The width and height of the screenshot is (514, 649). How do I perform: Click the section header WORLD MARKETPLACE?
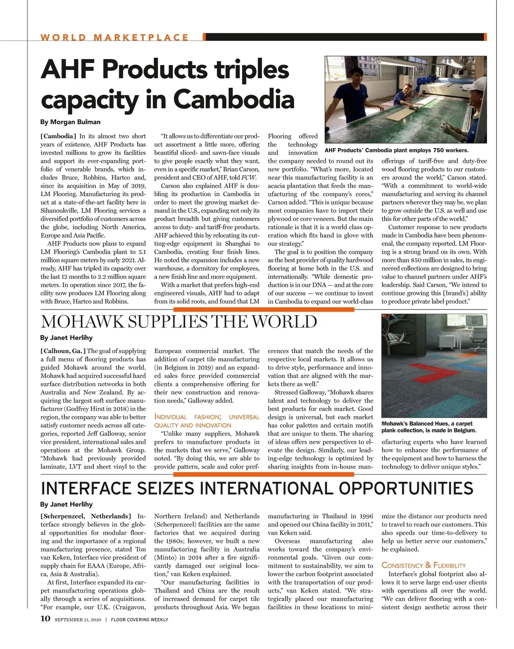coord(114,37)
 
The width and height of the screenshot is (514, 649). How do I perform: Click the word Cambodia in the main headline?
coord(234,99)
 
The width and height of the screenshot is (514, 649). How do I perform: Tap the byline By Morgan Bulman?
coord(70,122)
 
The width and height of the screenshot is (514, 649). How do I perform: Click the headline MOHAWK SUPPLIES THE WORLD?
coord(179,322)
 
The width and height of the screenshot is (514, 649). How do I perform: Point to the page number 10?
coord(45,619)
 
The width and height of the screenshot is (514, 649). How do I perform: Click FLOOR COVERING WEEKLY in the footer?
coord(140,619)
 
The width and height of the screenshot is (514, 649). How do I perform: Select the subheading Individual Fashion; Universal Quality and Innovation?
coord(206,421)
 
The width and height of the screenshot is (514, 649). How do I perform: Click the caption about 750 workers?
coord(397,150)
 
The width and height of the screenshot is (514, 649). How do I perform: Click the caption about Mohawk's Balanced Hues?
coord(428,427)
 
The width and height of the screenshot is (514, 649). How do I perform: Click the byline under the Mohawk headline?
coord(66,337)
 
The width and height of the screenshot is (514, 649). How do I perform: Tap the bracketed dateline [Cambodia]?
coord(58,136)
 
